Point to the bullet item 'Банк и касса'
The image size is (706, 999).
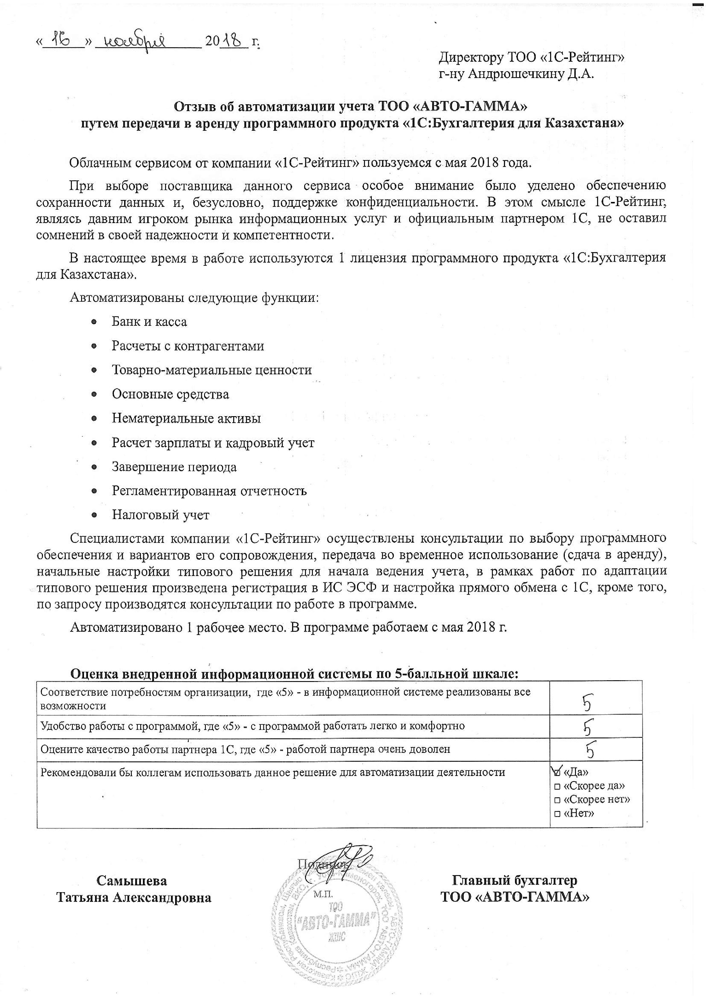tap(149, 322)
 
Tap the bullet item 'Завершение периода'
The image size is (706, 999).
tap(174, 467)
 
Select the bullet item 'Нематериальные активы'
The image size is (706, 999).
tap(186, 418)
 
